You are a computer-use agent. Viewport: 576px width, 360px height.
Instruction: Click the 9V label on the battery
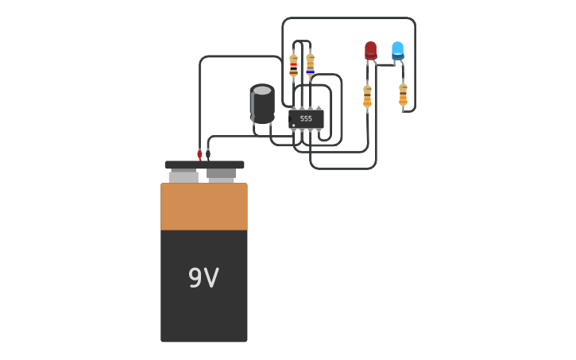[x=203, y=278]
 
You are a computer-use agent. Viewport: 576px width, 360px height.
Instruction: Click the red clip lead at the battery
[x=199, y=154]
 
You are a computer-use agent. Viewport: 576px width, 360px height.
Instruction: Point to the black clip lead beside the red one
[x=208, y=153]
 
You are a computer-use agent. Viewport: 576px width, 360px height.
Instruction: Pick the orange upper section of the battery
[x=204, y=207]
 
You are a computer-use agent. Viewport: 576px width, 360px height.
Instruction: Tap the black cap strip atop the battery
[x=204, y=165]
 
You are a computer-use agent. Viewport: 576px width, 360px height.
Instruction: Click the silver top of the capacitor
[x=262, y=91]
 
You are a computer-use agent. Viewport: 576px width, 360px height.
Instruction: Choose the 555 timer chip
[x=306, y=118]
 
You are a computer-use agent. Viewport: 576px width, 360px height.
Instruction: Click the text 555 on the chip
[x=306, y=118]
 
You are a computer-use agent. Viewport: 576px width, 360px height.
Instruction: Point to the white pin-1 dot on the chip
[x=294, y=125]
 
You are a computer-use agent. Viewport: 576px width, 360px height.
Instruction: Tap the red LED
[x=370, y=50]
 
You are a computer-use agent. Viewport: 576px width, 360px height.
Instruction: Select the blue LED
[x=397, y=50]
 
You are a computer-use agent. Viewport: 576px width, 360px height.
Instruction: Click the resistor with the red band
[x=294, y=65]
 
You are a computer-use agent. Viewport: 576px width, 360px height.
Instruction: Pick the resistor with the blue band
[x=310, y=64]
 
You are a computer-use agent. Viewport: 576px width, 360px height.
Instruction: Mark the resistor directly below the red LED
[x=367, y=96]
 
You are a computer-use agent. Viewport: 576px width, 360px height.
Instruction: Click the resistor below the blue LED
[x=403, y=94]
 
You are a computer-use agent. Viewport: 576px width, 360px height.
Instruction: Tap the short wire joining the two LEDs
[x=385, y=65]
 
